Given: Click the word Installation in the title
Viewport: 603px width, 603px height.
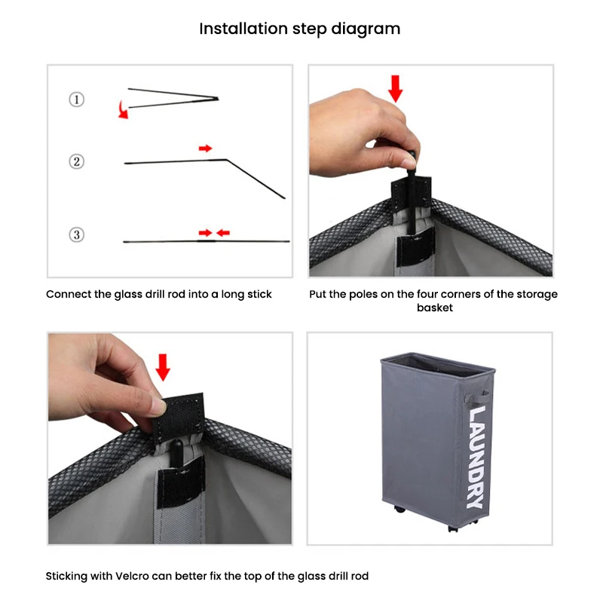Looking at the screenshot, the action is [243, 29].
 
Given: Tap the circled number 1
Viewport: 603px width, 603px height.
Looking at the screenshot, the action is [77, 99].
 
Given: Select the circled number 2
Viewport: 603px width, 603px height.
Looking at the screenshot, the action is [77, 161].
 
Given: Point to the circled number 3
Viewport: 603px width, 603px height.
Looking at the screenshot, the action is [77, 234].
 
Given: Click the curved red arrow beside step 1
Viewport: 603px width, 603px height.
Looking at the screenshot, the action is [122, 110].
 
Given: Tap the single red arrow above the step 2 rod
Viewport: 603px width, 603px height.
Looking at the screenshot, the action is [205, 148].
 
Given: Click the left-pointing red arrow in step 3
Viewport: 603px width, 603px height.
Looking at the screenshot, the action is [223, 233].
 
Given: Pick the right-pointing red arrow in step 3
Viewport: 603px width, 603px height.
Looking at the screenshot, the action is [205, 233].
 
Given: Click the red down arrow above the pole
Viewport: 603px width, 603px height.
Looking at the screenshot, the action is [395, 89].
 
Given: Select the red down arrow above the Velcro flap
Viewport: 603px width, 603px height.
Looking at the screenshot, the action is [163, 367].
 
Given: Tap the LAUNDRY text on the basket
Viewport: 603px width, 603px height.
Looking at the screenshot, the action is [476, 458].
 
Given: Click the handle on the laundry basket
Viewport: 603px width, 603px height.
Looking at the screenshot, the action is [478, 397].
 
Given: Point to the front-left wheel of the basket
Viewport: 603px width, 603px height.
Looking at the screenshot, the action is [400, 510].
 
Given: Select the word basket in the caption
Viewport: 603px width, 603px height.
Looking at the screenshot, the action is [435, 308].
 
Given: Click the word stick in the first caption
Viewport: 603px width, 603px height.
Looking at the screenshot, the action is [259, 294].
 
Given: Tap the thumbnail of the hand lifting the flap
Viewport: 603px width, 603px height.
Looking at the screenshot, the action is [170, 439].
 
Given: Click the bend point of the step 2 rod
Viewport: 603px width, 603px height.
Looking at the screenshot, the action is [227, 160].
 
